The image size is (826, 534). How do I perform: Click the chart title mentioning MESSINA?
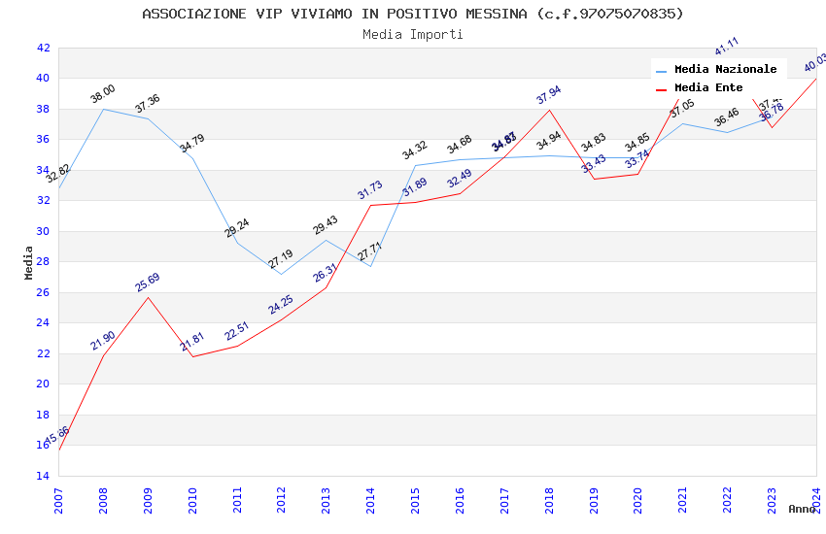[413, 14]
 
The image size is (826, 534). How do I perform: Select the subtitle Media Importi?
[413, 34]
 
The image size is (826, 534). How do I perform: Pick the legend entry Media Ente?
[708, 88]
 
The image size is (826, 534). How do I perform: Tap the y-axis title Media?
[29, 262]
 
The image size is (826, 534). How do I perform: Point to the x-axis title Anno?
[802, 509]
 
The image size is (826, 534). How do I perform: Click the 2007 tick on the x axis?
[58, 500]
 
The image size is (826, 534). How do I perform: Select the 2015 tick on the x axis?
[415, 500]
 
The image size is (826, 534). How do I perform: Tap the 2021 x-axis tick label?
[682, 500]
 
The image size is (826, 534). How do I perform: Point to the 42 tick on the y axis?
[43, 48]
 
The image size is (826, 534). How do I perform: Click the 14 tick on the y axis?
[43, 476]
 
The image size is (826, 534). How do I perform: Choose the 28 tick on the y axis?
[43, 262]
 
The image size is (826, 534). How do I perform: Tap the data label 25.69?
[148, 283]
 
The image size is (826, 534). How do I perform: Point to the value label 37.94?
[549, 95]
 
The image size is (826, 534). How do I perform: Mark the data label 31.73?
[370, 190]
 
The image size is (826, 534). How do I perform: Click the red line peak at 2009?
[148, 297]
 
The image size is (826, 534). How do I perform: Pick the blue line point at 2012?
[281, 274]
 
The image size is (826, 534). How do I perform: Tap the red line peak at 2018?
[549, 110]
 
